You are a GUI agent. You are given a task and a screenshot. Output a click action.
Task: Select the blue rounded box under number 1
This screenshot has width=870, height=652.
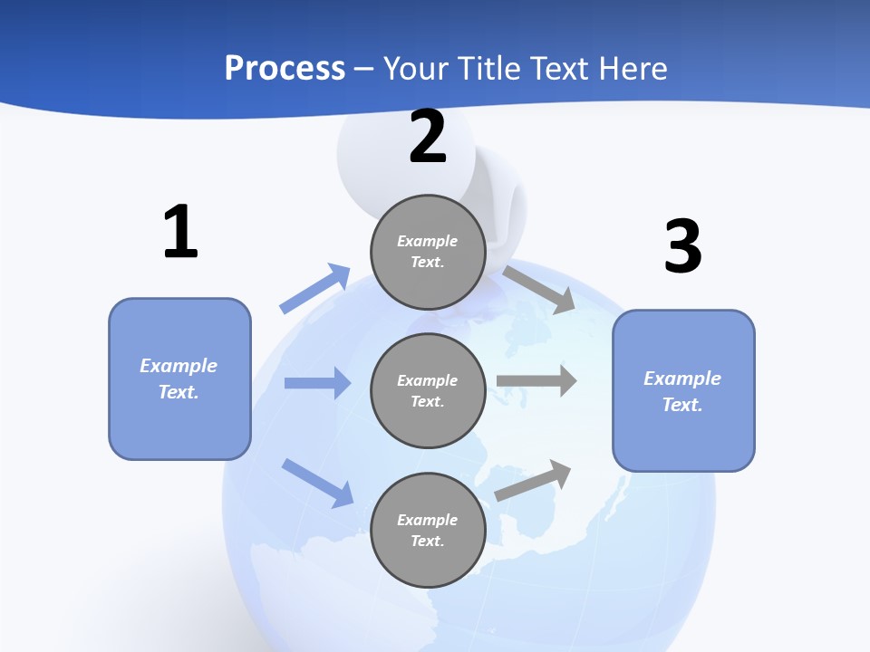(x=179, y=379)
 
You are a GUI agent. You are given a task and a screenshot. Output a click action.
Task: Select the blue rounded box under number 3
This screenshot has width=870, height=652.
(x=683, y=390)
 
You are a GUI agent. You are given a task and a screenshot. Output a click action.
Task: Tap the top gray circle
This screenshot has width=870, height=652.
(x=428, y=252)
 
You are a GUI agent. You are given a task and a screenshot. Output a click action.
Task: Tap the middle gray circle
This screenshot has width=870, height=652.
(x=428, y=390)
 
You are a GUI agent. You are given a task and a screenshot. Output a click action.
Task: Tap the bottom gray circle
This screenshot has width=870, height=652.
(x=428, y=530)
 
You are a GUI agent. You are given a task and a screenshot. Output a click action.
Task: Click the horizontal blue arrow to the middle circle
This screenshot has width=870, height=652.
(x=317, y=383)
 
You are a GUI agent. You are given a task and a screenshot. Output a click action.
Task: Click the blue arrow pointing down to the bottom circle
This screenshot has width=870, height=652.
(x=317, y=482)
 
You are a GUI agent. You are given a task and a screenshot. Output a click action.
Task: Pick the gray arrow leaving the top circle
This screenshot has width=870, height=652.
(x=539, y=288)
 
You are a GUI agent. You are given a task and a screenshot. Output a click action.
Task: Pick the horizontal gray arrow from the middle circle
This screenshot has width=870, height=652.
(x=536, y=380)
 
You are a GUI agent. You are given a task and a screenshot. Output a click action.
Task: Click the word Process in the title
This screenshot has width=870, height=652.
(x=285, y=68)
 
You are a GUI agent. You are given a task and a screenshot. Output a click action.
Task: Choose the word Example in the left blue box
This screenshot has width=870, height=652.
(x=179, y=366)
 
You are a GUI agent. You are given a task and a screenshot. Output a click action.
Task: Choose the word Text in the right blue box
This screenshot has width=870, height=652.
(x=681, y=405)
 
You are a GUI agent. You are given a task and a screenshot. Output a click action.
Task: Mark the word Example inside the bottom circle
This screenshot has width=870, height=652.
(x=428, y=520)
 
